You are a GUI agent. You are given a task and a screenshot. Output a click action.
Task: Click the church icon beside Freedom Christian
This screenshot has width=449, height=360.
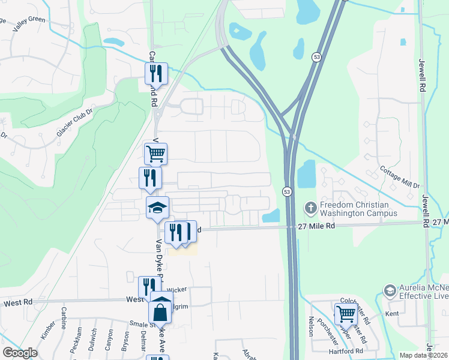(x=310, y=208)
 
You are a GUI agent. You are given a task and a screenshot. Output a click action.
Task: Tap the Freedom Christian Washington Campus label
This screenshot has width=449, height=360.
(x=358, y=208)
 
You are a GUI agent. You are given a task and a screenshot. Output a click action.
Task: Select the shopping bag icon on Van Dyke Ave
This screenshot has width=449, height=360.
(x=160, y=313)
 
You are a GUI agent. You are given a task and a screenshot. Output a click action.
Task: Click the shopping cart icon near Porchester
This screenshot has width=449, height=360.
(x=345, y=314)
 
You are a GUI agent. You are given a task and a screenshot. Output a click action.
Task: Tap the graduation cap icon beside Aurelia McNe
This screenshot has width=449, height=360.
(x=389, y=291)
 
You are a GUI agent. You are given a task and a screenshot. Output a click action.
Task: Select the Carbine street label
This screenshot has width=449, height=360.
(x=63, y=318)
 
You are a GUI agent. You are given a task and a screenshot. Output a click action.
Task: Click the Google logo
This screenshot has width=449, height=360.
(x=20, y=352)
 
